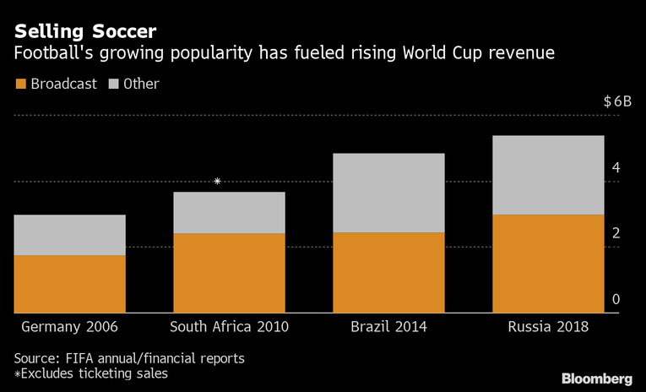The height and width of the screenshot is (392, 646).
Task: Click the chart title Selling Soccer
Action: click(x=84, y=31)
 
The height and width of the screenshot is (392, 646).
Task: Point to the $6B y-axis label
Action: click(x=617, y=101)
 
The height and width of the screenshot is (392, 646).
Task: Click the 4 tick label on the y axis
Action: click(x=616, y=167)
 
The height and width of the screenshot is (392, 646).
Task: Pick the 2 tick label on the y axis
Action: click(x=616, y=233)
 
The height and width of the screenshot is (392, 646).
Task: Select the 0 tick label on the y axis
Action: click(x=616, y=299)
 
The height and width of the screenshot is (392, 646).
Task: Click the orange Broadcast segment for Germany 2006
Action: click(x=69, y=284)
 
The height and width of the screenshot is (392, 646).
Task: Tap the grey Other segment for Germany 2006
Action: click(x=69, y=235)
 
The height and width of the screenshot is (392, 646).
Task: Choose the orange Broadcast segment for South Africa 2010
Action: click(x=229, y=273)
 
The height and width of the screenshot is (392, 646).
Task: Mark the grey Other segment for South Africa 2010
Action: click(x=229, y=212)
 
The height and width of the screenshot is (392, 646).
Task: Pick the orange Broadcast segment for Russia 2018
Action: click(x=548, y=264)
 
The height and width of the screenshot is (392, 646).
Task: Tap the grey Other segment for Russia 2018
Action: click(x=548, y=175)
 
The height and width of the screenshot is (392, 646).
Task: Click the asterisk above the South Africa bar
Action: click(x=218, y=182)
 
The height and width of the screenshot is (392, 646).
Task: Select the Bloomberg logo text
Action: click(x=597, y=378)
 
